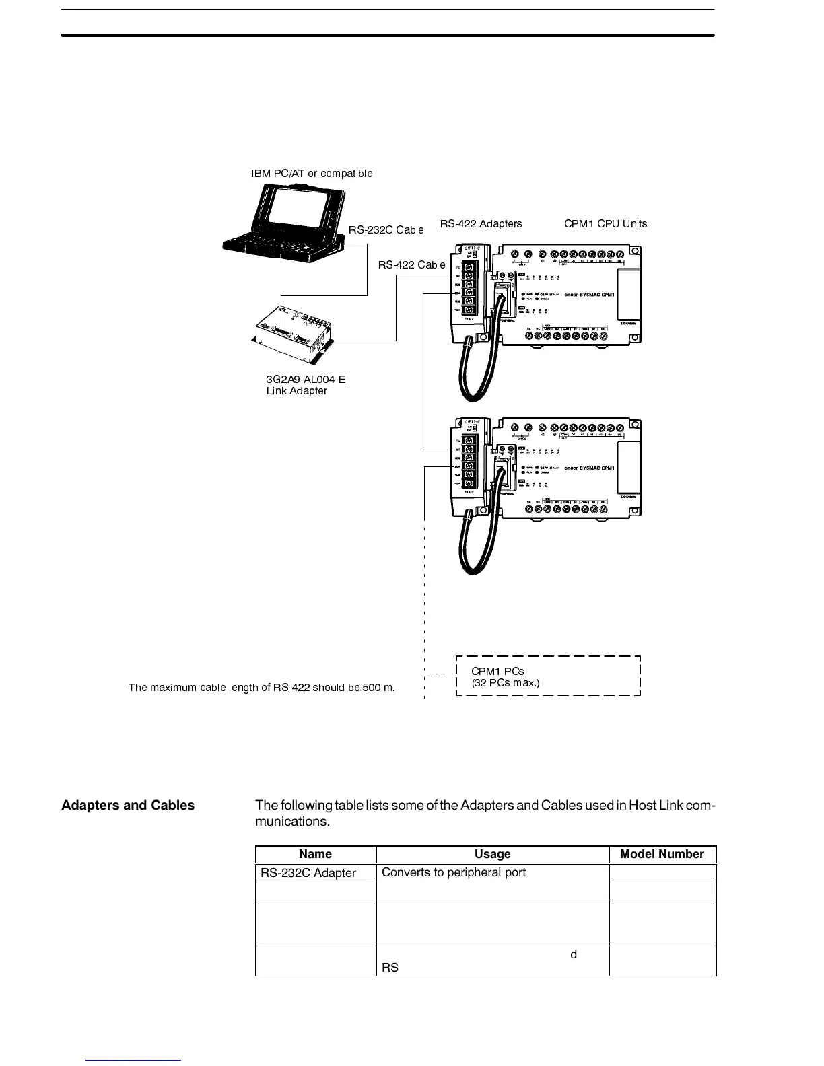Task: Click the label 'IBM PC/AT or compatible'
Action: [312, 174]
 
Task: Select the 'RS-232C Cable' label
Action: [386, 230]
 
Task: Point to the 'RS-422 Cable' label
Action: [411, 265]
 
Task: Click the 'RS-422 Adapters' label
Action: [481, 224]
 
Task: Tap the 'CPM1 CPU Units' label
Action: [605, 224]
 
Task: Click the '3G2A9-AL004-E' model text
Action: [306, 379]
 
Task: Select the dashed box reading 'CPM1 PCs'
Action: [548, 675]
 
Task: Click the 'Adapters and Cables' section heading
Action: [128, 806]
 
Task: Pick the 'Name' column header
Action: [315, 854]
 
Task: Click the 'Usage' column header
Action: [492, 854]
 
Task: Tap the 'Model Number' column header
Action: [662, 854]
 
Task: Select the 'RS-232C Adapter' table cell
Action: [308, 873]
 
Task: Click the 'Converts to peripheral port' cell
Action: [454, 872]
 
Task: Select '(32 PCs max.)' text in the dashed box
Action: [506, 682]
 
